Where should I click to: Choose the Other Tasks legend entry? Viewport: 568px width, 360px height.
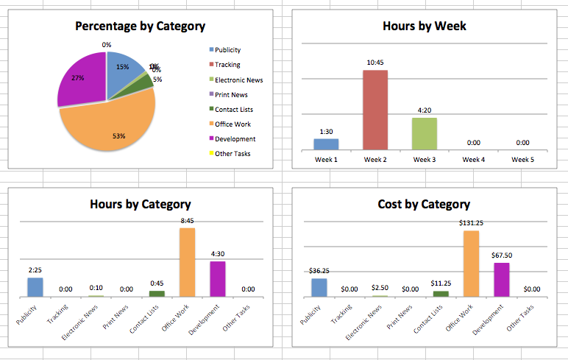click(x=232, y=153)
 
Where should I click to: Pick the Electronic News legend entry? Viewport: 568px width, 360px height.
click(x=238, y=80)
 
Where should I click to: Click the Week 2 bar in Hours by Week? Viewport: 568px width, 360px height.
click(x=375, y=110)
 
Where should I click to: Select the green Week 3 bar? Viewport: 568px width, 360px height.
click(x=425, y=133)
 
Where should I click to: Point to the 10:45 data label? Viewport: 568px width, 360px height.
click(x=375, y=63)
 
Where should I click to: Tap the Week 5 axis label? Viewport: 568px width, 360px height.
click(x=522, y=160)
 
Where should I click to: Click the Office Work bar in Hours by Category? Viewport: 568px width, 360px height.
click(x=187, y=262)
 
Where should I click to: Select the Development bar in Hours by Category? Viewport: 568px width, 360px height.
click(x=218, y=279)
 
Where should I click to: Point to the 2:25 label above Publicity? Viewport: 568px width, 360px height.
click(x=35, y=270)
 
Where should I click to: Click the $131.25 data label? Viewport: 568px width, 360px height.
click(x=471, y=222)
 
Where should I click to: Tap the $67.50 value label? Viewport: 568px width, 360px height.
click(x=502, y=255)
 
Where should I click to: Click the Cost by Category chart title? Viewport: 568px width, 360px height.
click(x=424, y=204)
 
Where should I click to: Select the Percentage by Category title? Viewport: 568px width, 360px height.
click(x=140, y=27)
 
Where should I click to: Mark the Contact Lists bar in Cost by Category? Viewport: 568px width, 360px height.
click(x=441, y=294)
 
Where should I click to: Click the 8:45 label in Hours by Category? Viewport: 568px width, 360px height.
click(x=187, y=219)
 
